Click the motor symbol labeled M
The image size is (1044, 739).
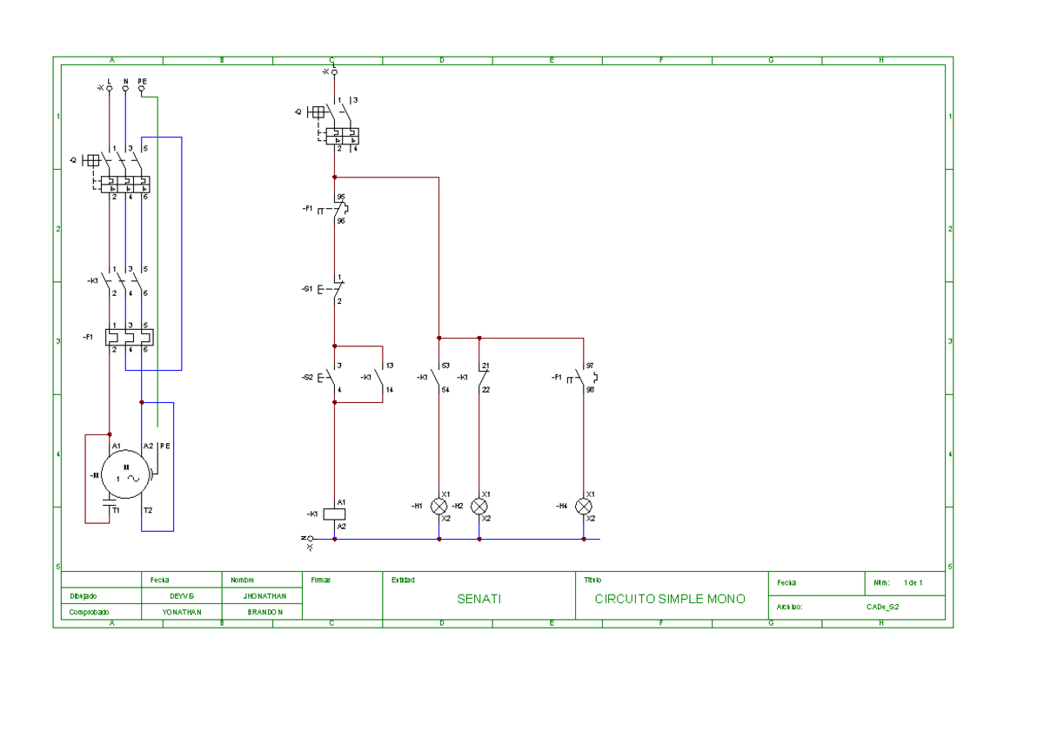pos(127,474)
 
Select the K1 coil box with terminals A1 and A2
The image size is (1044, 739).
pos(334,514)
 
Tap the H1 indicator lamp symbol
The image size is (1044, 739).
pos(439,506)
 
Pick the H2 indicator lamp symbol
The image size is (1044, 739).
pos(479,506)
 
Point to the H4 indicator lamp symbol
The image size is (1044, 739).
pos(584,506)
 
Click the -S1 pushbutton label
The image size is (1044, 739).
pos(307,288)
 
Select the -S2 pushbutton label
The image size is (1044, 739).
pos(307,378)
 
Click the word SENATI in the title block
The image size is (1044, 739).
pos(479,600)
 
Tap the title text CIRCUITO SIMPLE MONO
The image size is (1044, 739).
pos(670,600)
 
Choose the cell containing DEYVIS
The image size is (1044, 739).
pos(183,596)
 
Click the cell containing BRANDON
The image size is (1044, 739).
pos(265,612)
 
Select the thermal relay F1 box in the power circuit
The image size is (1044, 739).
pos(129,336)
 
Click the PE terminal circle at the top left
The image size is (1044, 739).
pos(142,88)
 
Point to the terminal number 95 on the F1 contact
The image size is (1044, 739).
pos(340,197)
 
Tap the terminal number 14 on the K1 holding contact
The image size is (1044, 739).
pos(390,390)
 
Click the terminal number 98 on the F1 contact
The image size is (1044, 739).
pos(590,390)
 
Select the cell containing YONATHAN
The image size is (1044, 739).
pos(183,612)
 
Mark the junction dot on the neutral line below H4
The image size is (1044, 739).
pos(584,539)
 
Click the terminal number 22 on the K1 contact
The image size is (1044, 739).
pos(485,390)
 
